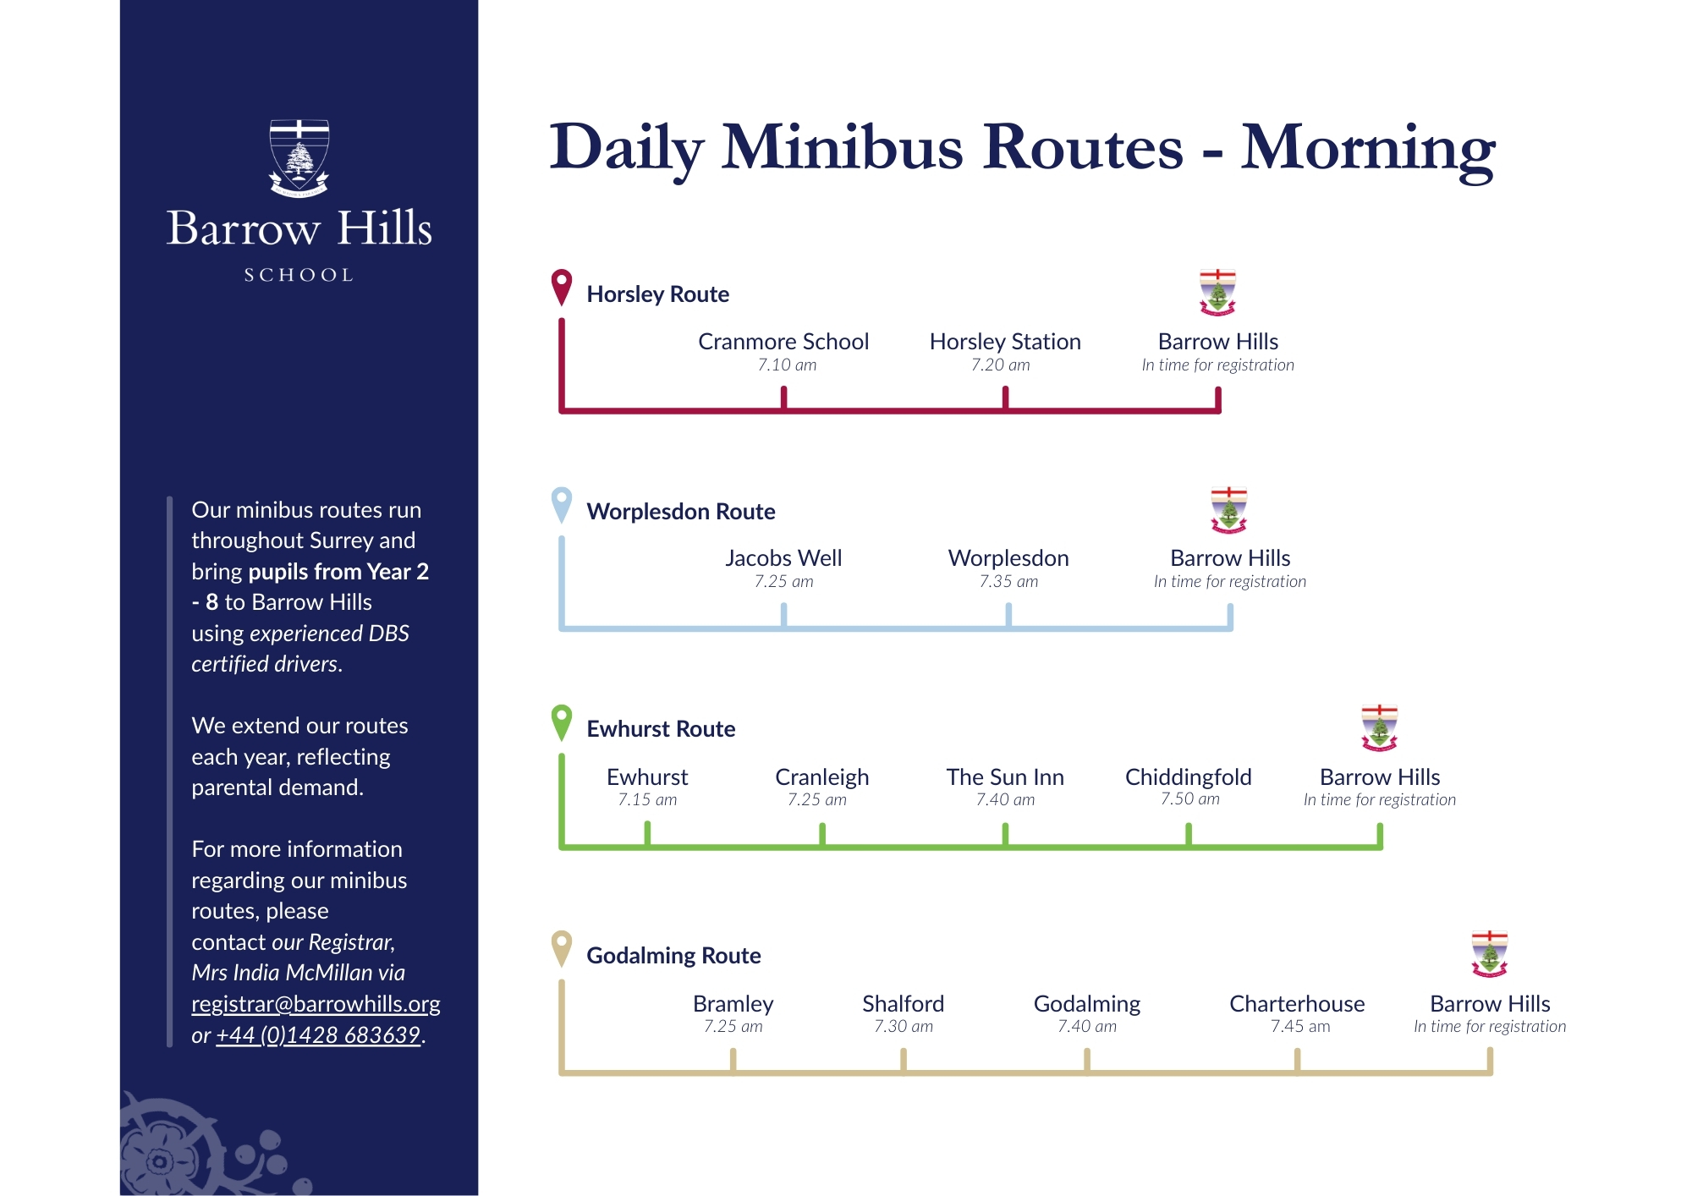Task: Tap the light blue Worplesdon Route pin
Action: pyautogui.click(x=562, y=505)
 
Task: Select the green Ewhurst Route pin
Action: pyautogui.click(x=562, y=722)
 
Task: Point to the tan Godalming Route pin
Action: pyautogui.click(x=562, y=949)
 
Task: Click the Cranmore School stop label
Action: pyautogui.click(x=783, y=342)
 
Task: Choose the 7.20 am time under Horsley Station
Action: pyautogui.click(x=1001, y=365)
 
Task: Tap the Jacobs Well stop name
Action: pyautogui.click(x=783, y=558)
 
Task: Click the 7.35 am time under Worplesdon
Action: pyautogui.click(x=1008, y=582)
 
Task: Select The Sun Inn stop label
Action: pyautogui.click(x=1005, y=777)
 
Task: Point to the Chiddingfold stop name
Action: pyautogui.click(x=1189, y=777)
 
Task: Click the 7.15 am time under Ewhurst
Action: pyautogui.click(x=647, y=800)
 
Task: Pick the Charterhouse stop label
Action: pyautogui.click(x=1297, y=1004)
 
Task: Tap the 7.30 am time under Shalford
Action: pyautogui.click(x=904, y=1027)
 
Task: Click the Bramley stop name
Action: pyautogui.click(x=733, y=1004)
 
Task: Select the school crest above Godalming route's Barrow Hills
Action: pyautogui.click(x=1490, y=954)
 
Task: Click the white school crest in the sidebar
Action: pyautogui.click(x=299, y=158)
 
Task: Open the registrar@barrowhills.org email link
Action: pyautogui.click(x=316, y=1004)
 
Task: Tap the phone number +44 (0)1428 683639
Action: pyautogui.click(x=318, y=1035)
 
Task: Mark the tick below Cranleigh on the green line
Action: pyautogui.click(x=822, y=834)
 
